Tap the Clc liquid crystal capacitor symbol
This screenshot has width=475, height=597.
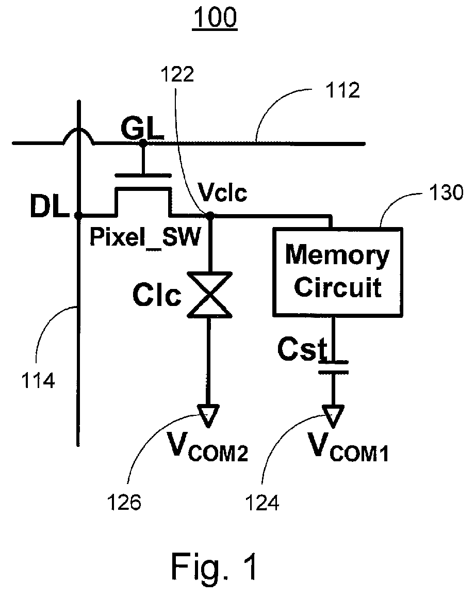209,294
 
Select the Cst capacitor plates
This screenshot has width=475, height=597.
333,367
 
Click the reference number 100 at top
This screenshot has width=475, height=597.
215,18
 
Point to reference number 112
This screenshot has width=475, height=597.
342,91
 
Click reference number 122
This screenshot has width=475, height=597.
177,74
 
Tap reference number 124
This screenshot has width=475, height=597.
262,503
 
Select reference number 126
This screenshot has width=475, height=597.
124,503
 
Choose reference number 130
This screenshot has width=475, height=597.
446,192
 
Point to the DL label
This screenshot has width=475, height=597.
50,207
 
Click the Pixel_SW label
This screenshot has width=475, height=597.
145,237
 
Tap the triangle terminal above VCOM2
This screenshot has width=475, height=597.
208,416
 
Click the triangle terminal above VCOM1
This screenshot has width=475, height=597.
333,416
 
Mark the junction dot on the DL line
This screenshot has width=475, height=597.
78,216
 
